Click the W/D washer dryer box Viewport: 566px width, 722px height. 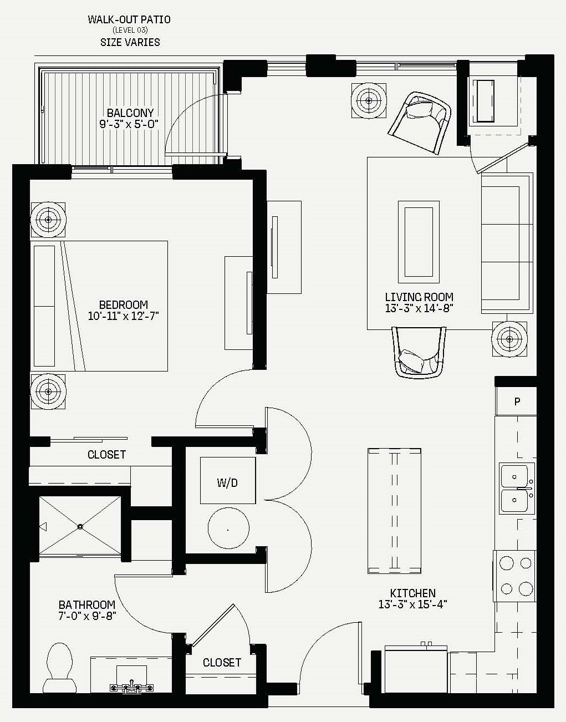pyautogui.click(x=228, y=480)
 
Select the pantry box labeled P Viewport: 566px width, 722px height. pyautogui.click(x=516, y=401)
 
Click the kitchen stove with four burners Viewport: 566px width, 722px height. pyautogui.click(x=514, y=576)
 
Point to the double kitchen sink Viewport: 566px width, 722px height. pyautogui.click(x=517, y=488)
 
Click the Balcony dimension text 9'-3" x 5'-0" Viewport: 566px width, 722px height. pyautogui.click(x=129, y=124)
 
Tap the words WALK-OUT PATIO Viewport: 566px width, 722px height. pyautogui.click(x=129, y=19)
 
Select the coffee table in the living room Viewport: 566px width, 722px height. pyautogui.click(x=419, y=242)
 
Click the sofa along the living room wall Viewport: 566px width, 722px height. pyautogui.click(x=507, y=243)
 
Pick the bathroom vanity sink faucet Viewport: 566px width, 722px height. pyautogui.click(x=131, y=686)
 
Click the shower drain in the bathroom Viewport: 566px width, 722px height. pyautogui.click(x=80, y=527)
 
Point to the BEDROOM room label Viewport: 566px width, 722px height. pyautogui.click(x=124, y=304)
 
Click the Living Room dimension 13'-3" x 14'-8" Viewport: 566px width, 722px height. pyautogui.click(x=419, y=308)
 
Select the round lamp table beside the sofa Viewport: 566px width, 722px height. pyautogui.click(x=509, y=339)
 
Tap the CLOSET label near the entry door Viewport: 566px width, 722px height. pyautogui.click(x=222, y=663)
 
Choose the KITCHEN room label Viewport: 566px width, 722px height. pyautogui.click(x=412, y=593)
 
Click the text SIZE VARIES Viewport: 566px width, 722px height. pyautogui.click(x=130, y=43)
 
